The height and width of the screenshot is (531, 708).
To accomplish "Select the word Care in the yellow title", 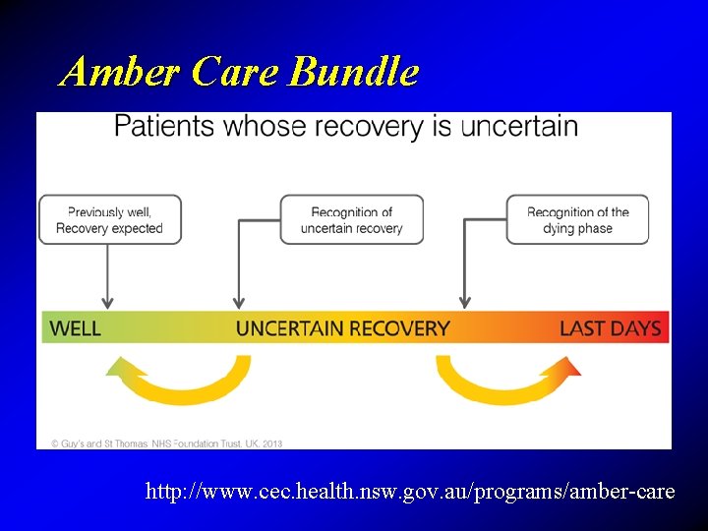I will (236, 72).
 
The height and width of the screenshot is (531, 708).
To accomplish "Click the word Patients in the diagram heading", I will (164, 126).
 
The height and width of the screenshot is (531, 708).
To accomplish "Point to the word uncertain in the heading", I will (519, 126).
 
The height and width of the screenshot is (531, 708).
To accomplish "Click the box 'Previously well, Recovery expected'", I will (109, 219).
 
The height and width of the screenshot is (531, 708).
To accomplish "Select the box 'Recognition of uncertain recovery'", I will (352, 219).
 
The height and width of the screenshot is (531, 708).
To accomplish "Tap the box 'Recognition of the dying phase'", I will (578, 219).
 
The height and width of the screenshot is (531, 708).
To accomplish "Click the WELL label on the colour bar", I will (75, 328).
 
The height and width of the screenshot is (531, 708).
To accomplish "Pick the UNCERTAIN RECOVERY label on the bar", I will (343, 328).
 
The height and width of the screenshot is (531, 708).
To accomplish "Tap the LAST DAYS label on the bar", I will (611, 328).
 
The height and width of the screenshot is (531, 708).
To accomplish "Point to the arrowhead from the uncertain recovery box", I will (237, 302).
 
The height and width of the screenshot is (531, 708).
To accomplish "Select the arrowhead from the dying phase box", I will (465, 302).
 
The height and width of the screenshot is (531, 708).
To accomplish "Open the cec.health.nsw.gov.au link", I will (410, 491).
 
